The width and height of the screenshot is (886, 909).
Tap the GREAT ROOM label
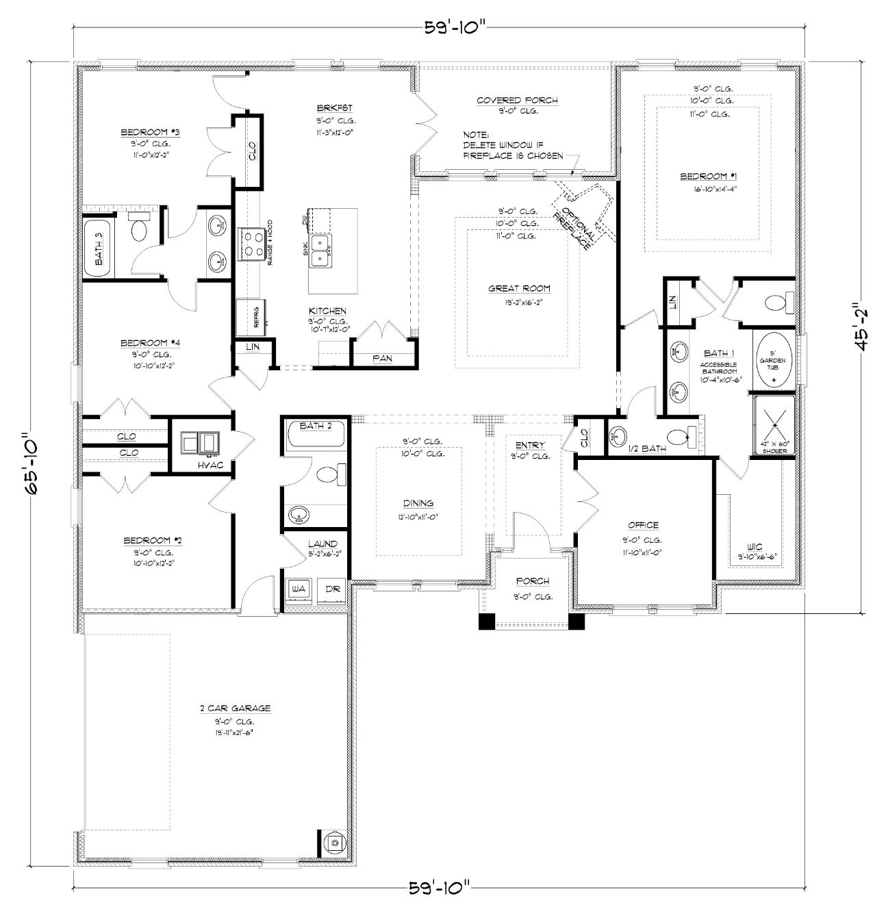[x=519, y=289]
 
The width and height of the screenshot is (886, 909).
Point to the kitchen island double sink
[x=320, y=251]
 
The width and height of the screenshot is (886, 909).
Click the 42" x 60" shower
[x=774, y=425]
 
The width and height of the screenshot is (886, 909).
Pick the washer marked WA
[x=298, y=589]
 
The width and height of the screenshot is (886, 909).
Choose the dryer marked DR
[x=333, y=589]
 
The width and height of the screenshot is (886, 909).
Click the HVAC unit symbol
[x=199, y=444]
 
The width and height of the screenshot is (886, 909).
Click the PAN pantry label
[x=382, y=358]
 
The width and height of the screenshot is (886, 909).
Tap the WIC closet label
[x=755, y=547]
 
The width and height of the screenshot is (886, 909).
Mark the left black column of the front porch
[x=486, y=621]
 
